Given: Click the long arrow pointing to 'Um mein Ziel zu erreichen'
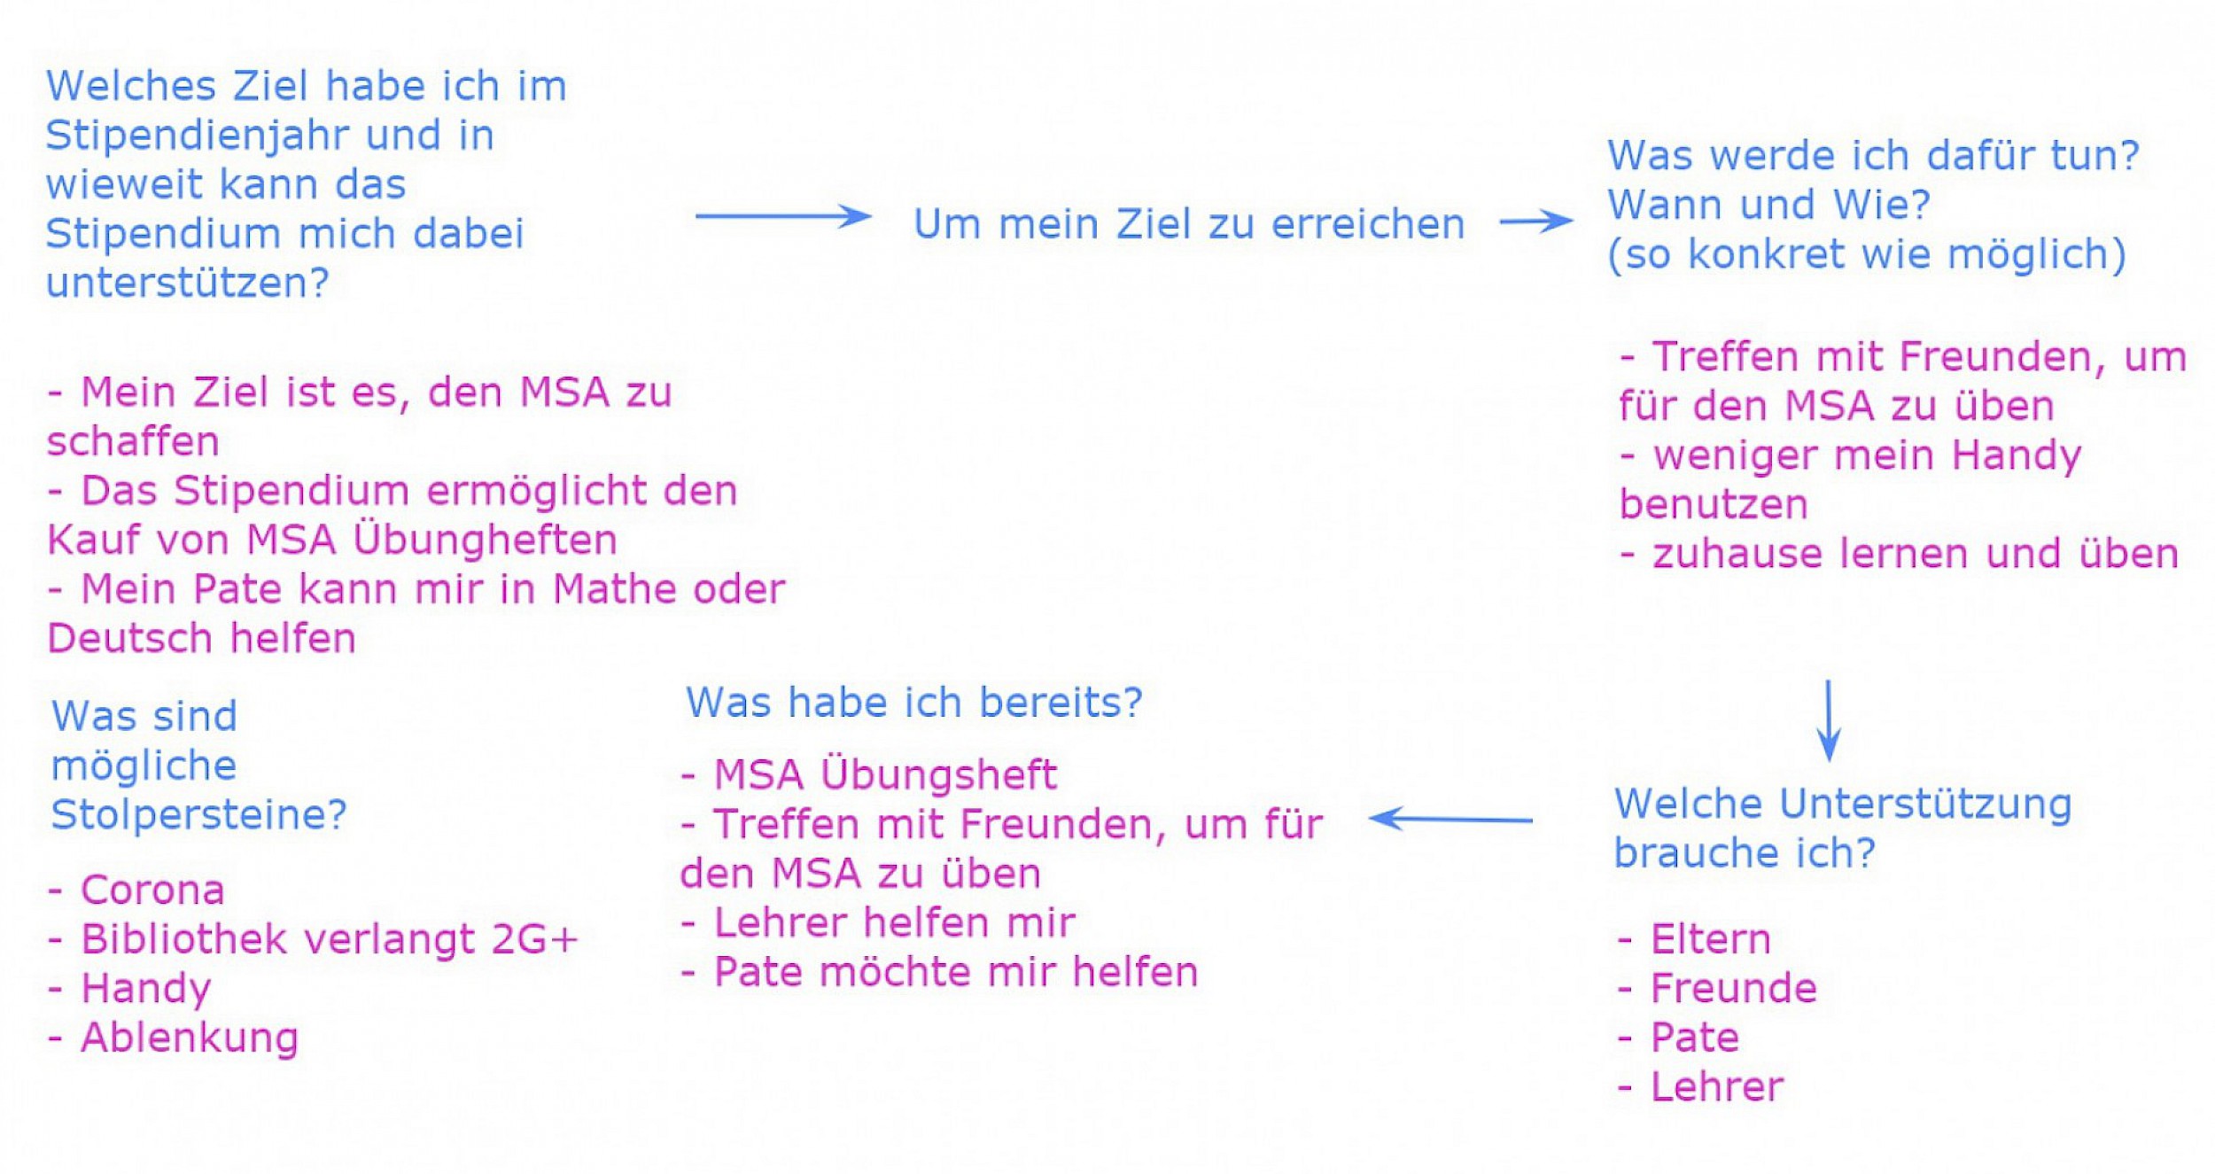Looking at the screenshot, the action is coord(783,215).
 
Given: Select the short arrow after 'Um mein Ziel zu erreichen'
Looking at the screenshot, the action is coord(1536,221).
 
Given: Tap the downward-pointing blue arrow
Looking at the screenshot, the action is coord(1829,720).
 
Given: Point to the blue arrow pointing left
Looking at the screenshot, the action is coord(1450,819).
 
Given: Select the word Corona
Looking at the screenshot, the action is coord(152,890).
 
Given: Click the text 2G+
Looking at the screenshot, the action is coord(534,940).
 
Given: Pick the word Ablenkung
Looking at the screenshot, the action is coord(190,1038).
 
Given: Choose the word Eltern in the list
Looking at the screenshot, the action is coord(1711,939).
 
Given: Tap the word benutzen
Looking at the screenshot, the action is coord(1714,504).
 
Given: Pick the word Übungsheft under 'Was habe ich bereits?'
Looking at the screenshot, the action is coord(938,774).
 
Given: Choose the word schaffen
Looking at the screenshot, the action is coord(133,441).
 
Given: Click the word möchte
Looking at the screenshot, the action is coord(895,972).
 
